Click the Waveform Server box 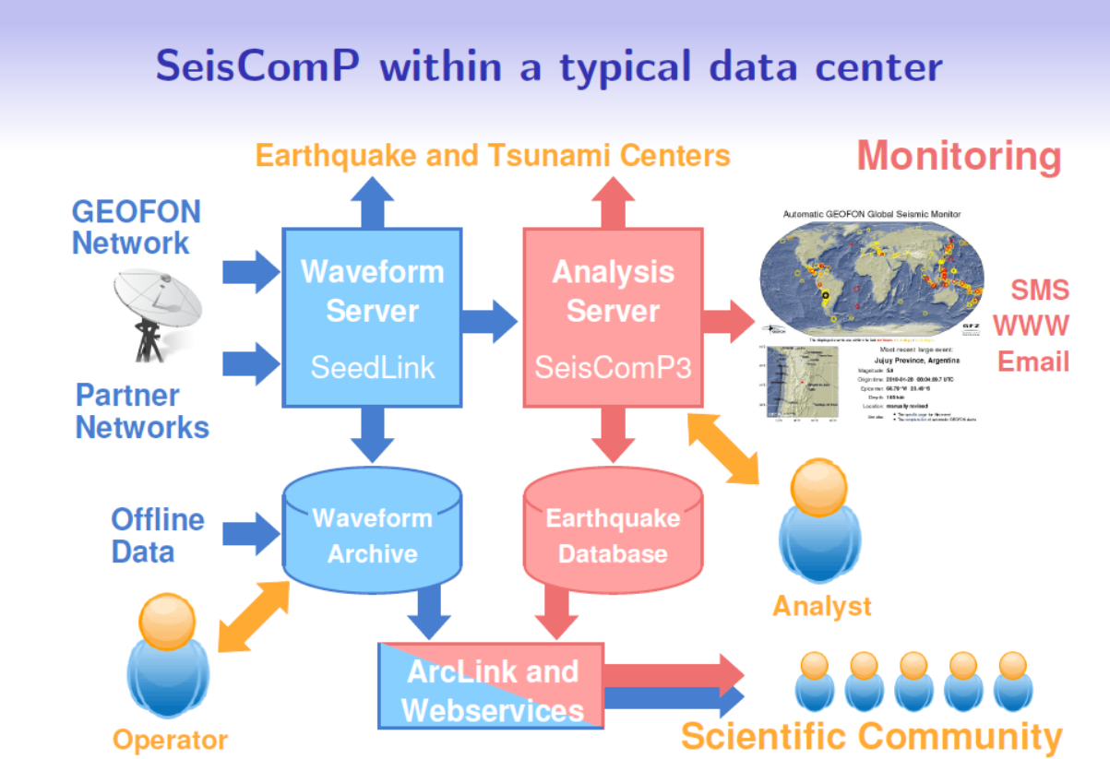pyautogui.click(x=372, y=318)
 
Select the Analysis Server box pyautogui.click(x=613, y=318)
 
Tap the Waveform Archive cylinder pyautogui.click(x=372, y=535)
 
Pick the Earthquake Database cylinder pyautogui.click(x=613, y=535)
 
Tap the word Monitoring pyautogui.click(x=959, y=156)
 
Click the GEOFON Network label pyautogui.click(x=136, y=227)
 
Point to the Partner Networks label pyautogui.click(x=141, y=411)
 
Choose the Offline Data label pyautogui.click(x=157, y=535)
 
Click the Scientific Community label pyautogui.click(x=871, y=736)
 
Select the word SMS pyautogui.click(x=1039, y=291)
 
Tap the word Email pyautogui.click(x=1032, y=361)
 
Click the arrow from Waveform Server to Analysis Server pyautogui.click(x=490, y=320)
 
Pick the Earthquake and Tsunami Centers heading pyautogui.click(x=492, y=156)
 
